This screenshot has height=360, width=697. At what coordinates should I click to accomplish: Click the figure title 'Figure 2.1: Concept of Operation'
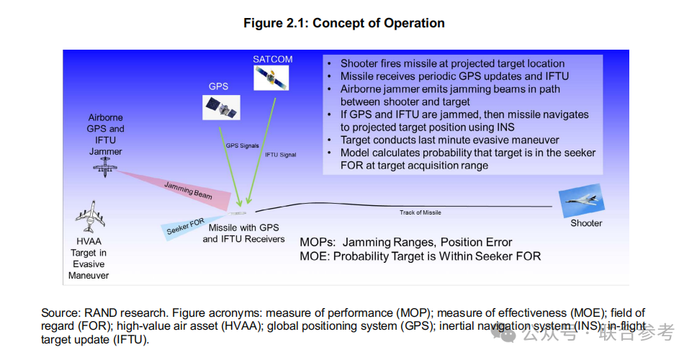pos(344,23)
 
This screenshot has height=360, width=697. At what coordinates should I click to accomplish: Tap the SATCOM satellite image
pos(271,78)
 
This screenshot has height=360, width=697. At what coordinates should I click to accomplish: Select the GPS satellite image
pos(221,107)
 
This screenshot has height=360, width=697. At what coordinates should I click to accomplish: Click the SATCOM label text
pos(272,59)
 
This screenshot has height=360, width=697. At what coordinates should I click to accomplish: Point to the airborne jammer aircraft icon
pos(105,167)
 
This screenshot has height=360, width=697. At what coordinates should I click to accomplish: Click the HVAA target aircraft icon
pos(90,217)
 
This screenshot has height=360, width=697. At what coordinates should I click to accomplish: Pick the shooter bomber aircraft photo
pos(581,201)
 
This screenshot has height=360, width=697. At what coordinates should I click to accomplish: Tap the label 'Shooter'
pos(586,223)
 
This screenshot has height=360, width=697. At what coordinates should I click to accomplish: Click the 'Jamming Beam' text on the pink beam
pos(189,190)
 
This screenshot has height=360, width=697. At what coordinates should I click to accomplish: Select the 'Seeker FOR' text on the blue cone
pos(186,226)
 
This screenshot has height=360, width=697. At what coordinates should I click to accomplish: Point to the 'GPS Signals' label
pos(242,145)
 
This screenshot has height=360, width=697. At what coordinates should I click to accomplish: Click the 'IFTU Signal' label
pos(281,155)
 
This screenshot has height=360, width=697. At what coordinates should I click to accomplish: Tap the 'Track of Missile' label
pos(420,212)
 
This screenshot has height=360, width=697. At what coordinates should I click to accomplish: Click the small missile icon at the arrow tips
pos(238,213)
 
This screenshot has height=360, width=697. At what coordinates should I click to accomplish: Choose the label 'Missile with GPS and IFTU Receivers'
pos(243,233)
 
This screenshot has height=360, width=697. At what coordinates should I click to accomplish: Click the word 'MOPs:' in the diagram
pos(318,243)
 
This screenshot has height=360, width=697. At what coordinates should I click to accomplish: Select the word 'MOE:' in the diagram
pos(315,256)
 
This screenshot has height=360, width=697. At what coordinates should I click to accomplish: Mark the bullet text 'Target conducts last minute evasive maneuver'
pos(450,140)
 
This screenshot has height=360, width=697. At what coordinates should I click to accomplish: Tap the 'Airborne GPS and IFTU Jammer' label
pos(105,134)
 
